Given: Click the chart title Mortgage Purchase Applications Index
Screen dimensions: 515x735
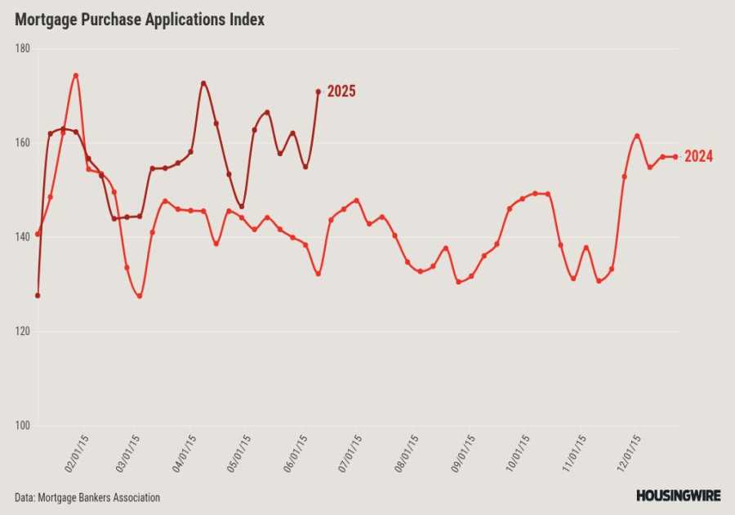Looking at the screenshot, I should [x=140, y=20].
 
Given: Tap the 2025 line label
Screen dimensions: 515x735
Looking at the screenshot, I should [x=341, y=92].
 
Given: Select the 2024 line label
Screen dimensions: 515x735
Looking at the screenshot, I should [x=698, y=157].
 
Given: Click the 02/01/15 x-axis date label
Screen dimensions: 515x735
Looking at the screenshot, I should [x=78, y=453].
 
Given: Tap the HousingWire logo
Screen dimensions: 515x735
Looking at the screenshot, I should [x=678, y=495].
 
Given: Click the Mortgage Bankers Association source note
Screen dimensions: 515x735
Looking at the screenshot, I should [x=87, y=497].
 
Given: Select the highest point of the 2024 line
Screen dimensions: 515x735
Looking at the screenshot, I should [x=76, y=76].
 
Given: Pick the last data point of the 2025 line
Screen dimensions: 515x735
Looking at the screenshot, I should [x=318, y=92].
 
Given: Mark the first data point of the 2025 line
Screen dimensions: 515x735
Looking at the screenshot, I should [x=38, y=295].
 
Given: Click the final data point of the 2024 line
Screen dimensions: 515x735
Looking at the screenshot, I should [x=675, y=157].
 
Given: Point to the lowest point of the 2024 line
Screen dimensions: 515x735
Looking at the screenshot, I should [x=140, y=296].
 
